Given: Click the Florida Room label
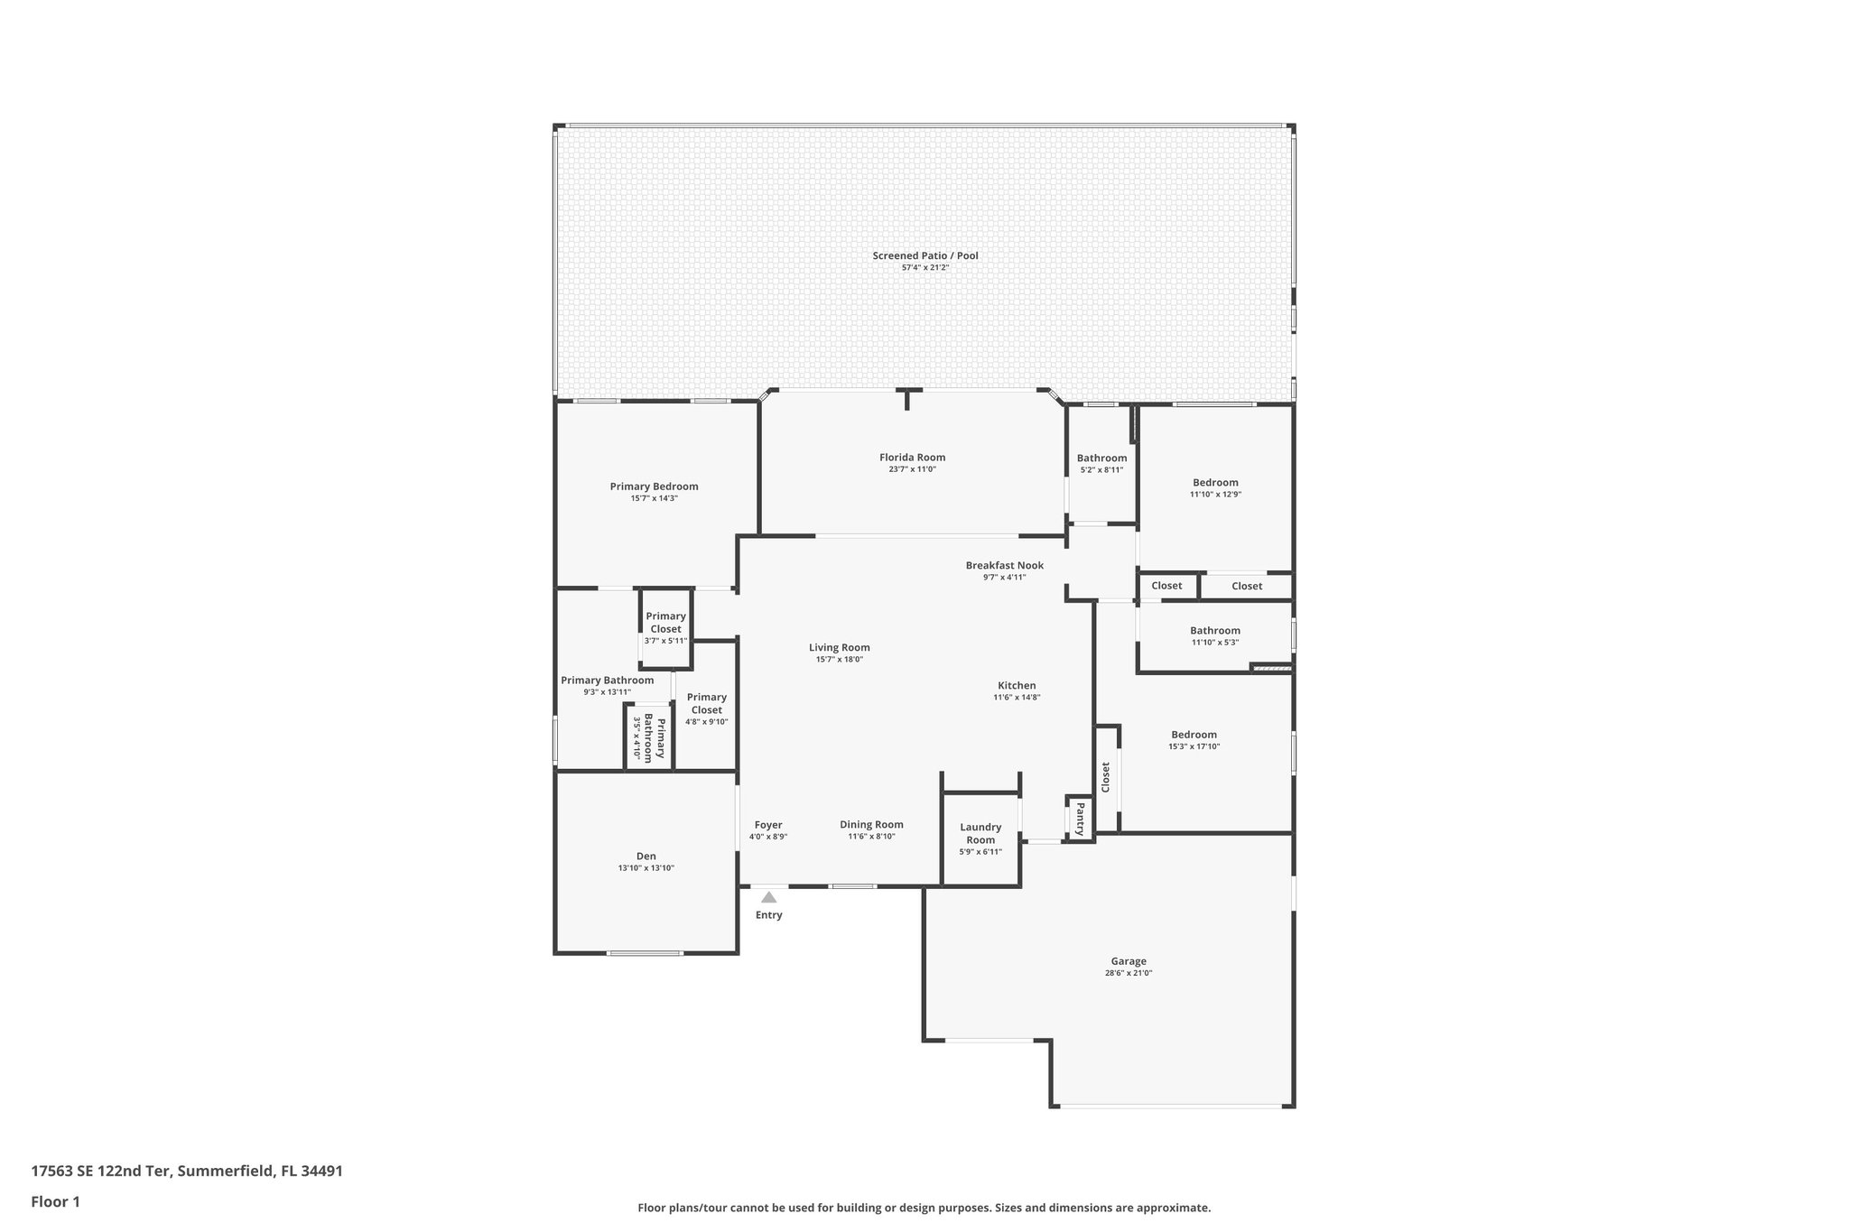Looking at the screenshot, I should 912,458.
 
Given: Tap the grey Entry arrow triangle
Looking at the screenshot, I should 768,897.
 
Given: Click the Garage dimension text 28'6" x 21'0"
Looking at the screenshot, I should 1128,973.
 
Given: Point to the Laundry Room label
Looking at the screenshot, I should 980,833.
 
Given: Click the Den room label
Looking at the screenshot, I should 646,857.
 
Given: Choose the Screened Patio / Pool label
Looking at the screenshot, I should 924,255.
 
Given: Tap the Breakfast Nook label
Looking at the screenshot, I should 1004,566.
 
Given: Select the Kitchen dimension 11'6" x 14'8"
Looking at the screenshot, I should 1017,697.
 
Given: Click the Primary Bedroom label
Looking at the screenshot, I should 654,486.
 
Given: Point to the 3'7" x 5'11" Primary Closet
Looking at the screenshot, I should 665,623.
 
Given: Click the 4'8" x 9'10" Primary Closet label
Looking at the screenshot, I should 706,703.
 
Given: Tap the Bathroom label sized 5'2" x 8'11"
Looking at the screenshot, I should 1101,458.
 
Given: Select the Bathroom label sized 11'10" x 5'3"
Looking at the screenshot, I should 1214,631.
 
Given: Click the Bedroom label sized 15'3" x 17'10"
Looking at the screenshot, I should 1194,735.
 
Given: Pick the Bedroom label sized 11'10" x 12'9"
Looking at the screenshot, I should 1215,482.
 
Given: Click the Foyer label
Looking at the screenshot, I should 768,825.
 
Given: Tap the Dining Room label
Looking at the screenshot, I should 871,825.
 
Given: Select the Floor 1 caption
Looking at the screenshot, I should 56,1202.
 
